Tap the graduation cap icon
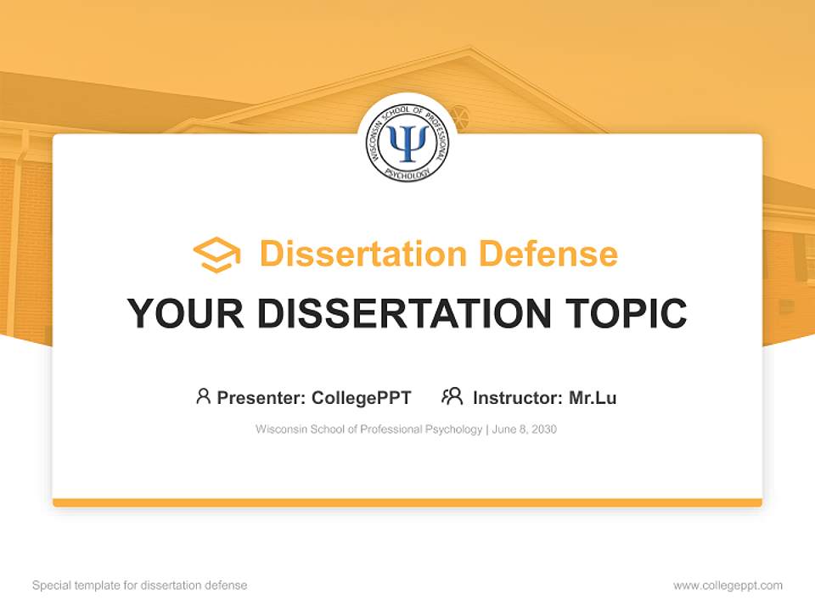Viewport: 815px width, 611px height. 216,255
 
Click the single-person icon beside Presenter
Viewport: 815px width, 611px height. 203,396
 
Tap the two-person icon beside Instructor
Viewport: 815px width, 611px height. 452,396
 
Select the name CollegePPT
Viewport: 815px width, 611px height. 362,397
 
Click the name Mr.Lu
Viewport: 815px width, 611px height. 593,397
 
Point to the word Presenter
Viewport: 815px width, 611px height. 261,397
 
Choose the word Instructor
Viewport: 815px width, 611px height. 517,397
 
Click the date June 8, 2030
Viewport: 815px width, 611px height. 524,429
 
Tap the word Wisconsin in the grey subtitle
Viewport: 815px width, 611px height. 280,429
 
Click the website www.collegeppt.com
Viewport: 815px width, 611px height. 728,586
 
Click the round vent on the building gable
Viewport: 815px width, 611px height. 459,117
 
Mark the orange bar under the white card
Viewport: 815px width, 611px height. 407,502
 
